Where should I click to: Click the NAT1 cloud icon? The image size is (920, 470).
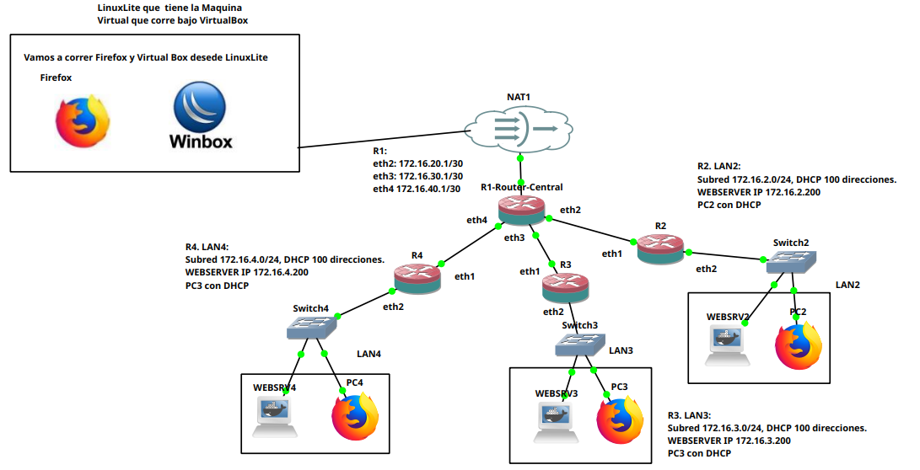pyautogui.click(x=512, y=129)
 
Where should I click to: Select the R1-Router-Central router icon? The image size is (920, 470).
pyautogui.click(x=521, y=210)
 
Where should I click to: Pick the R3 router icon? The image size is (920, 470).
pyautogui.click(x=565, y=287)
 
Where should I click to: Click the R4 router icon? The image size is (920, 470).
pyautogui.click(x=417, y=277)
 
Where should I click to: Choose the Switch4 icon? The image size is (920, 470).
pyautogui.click(x=312, y=327)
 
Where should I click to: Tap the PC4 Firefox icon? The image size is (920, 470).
pyautogui.click(x=355, y=418)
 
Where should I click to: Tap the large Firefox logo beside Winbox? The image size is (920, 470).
pyautogui.click(x=82, y=120)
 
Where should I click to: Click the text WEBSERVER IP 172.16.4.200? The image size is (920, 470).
pyautogui.click(x=246, y=273)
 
